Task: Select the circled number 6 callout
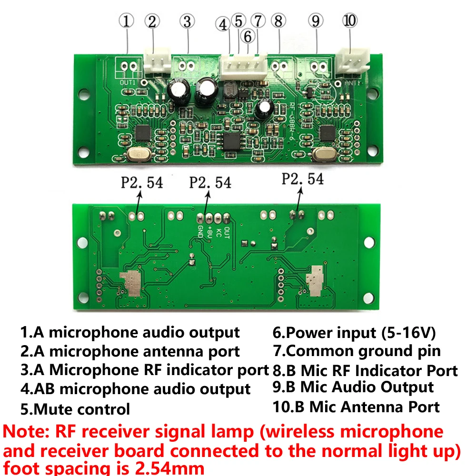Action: tap(248, 36)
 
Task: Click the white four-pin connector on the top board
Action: tap(243, 67)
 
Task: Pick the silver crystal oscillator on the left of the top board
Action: tap(138, 155)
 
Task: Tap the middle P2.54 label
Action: tap(210, 182)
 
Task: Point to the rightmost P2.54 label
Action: tap(303, 179)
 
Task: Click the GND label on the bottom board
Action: tap(201, 231)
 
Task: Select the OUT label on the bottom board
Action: tap(227, 233)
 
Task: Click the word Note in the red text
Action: tap(24, 432)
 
